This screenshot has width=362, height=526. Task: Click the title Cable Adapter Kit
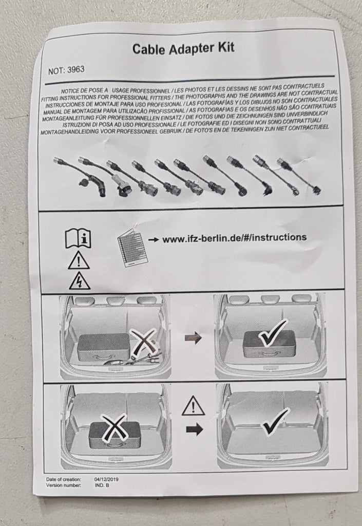click(183, 48)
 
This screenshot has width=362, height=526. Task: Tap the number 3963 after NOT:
click(76, 70)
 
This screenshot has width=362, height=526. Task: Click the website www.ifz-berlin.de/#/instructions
click(234, 238)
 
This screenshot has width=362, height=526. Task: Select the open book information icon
click(78, 239)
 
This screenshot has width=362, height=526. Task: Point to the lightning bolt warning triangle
click(80, 281)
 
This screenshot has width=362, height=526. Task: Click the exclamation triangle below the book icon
click(79, 260)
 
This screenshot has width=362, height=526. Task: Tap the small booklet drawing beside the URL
click(132, 248)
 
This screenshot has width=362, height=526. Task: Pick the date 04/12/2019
click(106, 479)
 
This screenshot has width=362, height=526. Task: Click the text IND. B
click(102, 485)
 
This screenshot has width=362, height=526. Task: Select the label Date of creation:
click(63, 479)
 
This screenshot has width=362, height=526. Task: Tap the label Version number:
click(63, 485)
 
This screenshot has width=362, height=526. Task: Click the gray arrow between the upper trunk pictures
click(194, 338)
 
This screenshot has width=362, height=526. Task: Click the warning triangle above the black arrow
click(194, 406)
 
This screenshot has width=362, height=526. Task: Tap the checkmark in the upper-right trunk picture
click(274, 333)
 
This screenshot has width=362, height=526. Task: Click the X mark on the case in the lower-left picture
click(115, 427)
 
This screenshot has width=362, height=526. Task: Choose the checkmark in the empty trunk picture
click(275, 422)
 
